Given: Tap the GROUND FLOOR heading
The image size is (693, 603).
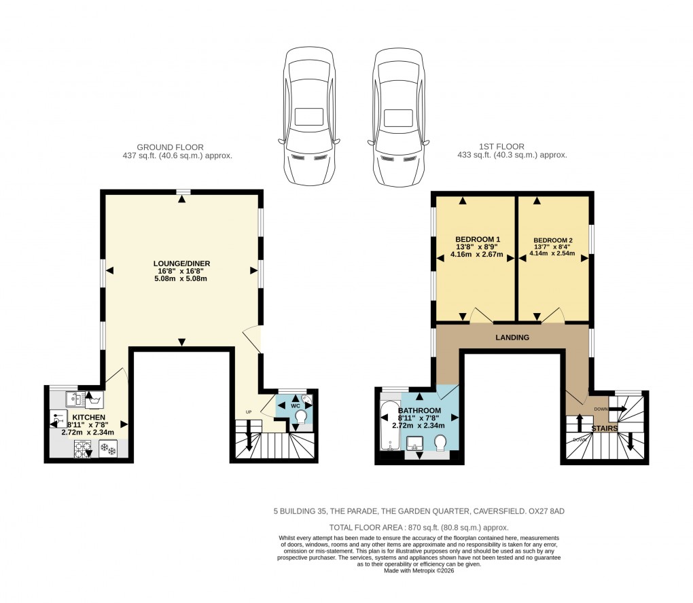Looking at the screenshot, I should [171, 147].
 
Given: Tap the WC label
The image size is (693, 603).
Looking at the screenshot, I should [296, 405].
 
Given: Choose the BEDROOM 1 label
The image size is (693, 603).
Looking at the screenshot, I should [478, 240].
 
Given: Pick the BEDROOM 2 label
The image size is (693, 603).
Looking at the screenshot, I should [553, 240].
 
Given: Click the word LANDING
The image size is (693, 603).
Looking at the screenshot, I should [512, 337].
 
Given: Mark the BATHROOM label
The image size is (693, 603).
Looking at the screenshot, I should [419, 412].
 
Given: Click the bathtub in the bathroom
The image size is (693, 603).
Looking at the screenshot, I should [390, 426].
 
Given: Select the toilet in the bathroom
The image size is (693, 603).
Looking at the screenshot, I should [441, 443].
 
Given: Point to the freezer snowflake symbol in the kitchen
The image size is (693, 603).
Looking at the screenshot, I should [108, 448].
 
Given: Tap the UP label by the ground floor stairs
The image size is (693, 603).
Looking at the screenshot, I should [249, 412].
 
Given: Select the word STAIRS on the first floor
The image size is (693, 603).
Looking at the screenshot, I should [604, 428].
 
